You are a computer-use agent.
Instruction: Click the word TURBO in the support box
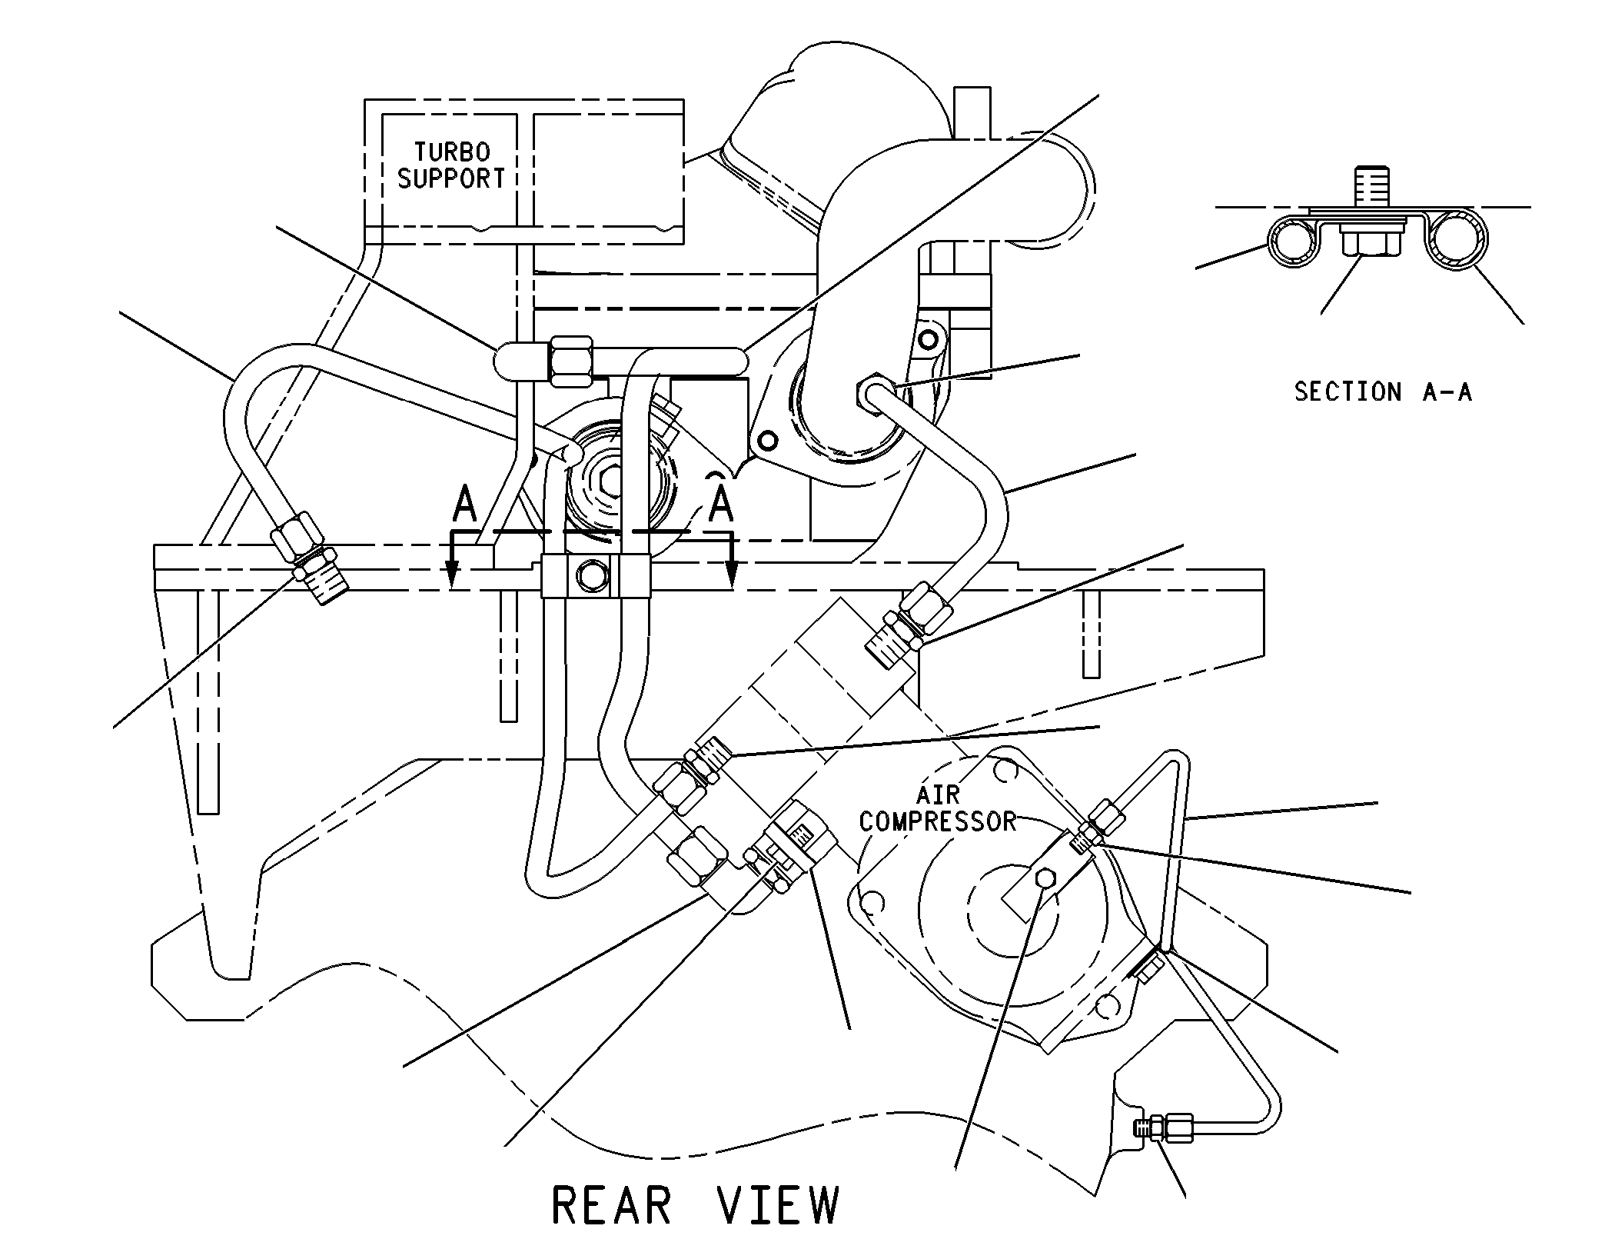click(452, 152)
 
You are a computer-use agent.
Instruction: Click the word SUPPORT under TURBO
click(451, 178)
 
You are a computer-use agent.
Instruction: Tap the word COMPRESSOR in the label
click(938, 821)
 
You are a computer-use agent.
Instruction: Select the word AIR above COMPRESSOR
click(939, 794)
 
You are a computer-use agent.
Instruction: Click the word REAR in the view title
click(612, 1205)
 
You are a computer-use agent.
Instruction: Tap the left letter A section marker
click(465, 505)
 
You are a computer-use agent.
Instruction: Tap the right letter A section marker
click(720, 505)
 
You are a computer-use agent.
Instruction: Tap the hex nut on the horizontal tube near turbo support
click(571, 361)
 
